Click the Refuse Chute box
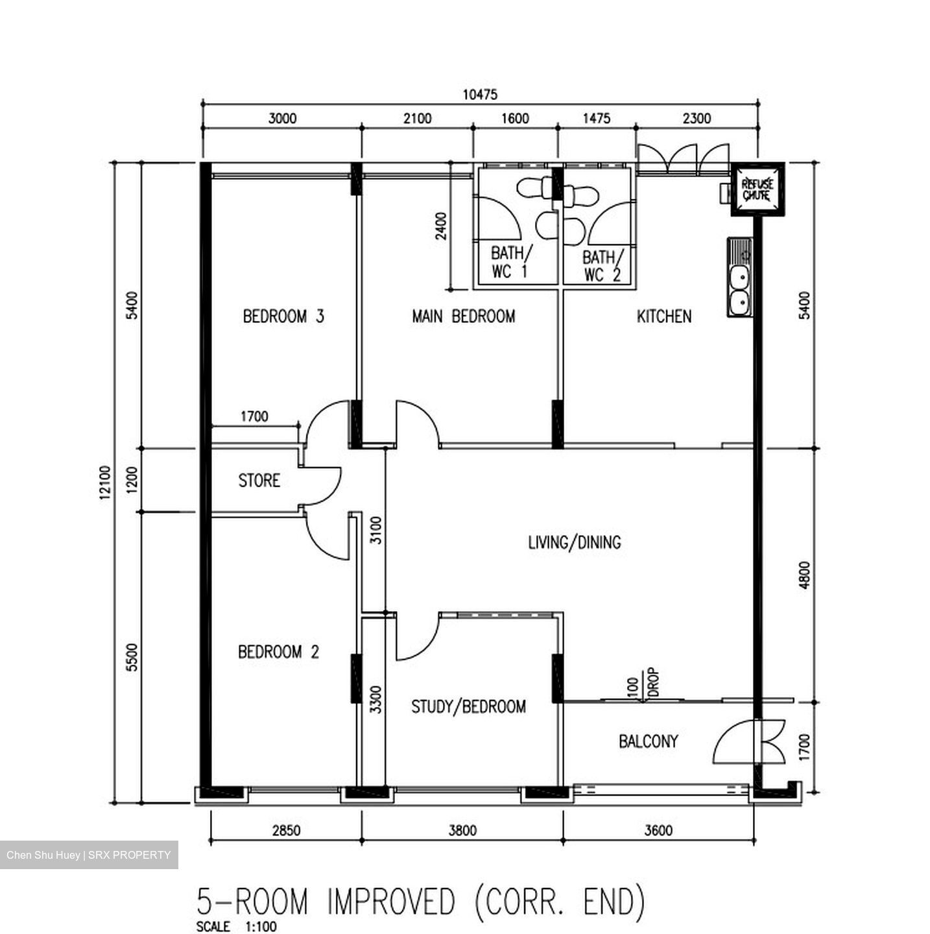pos(757,189)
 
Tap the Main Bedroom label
pos(463,317)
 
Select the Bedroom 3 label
pos(283,317)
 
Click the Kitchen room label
pos(663,317)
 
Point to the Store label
pos(259,481)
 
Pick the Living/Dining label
pos(574,542)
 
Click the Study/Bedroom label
pos(468,706)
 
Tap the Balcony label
pos(648,741)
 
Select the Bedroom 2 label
pos(278,651)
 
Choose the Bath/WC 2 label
pos(602,266)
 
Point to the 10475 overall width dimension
pos(480,95)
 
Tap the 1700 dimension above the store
pos(254,416)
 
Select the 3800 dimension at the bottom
pos(462,830)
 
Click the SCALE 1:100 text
pos(236,926)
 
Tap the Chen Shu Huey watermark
pos(89,855)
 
